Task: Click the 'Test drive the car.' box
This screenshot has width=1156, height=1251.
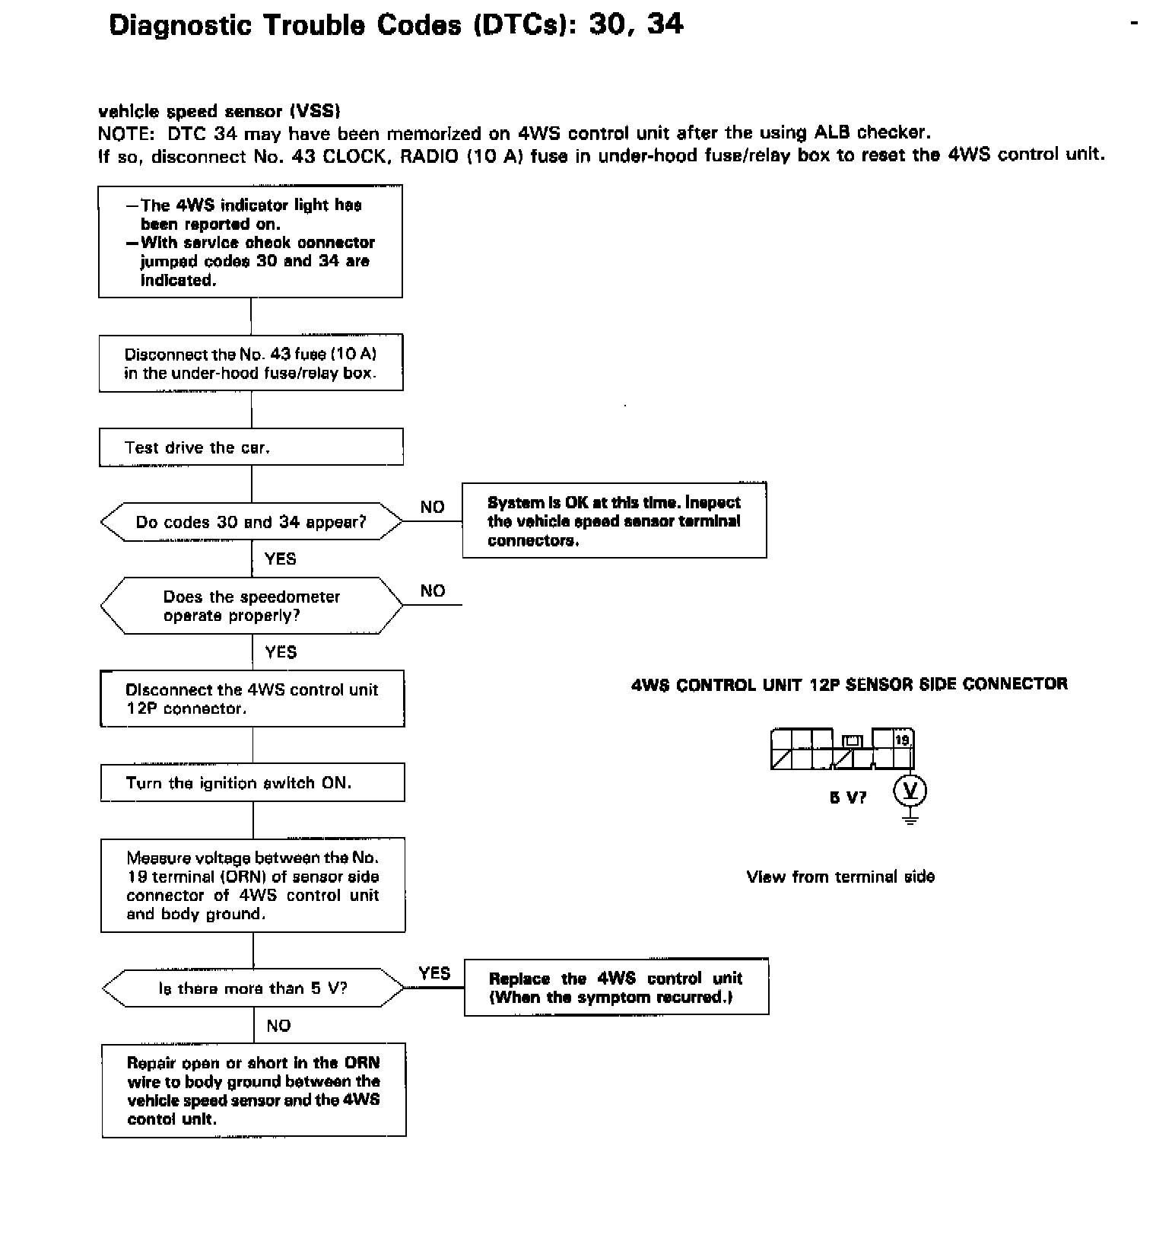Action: (x=251, y=447)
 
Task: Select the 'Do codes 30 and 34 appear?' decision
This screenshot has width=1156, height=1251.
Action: (x=251, y=522)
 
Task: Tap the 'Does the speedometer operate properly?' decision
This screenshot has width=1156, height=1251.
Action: (x=251, y=606)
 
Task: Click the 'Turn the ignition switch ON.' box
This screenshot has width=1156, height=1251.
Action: (x=252, y=783)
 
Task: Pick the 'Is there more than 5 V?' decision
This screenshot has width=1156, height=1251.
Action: (x=252, y=988)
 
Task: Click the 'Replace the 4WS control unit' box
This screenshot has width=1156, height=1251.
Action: (x=616, y=987)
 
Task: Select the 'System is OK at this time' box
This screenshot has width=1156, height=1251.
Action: (x=614, y=520)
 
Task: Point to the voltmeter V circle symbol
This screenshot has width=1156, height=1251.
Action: (x=910, y=792)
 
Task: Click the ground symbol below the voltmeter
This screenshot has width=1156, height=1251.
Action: (x=910, y=818)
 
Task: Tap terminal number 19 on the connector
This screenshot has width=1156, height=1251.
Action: (x=903, y=740)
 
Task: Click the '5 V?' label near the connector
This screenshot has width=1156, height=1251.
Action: (x=847, y=797)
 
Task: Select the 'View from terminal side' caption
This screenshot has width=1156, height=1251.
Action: (x=840, y=877)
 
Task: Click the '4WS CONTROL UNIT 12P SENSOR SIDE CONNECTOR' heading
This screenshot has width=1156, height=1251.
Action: (x=850, y=684)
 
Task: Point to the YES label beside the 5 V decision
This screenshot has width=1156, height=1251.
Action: (x=434, y=973)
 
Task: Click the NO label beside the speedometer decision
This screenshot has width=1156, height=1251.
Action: (x=433, y=590)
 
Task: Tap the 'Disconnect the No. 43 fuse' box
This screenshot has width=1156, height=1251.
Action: (x=251, y=364)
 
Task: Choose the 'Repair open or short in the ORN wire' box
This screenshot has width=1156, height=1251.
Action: (x=253, y=1090)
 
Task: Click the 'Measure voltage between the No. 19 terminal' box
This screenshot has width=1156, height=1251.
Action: (x=252, y=886)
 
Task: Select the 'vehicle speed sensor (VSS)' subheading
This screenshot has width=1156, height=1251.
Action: (x=219, y=111)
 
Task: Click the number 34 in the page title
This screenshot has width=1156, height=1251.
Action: (x=665, y=24)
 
